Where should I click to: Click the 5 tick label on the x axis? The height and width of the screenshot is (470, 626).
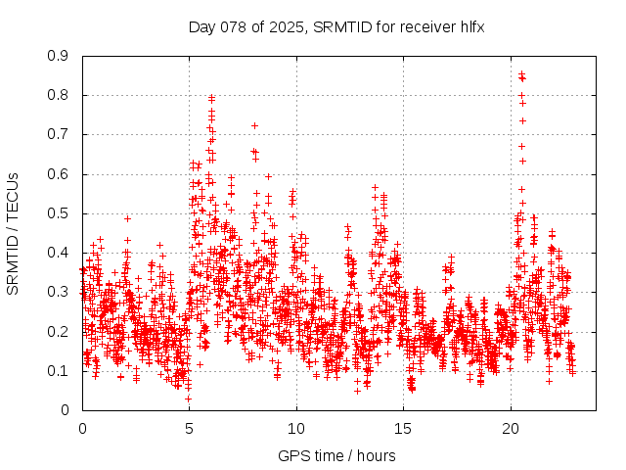[x=189, y=429]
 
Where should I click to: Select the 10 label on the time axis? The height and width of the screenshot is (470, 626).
[x=296, y=429]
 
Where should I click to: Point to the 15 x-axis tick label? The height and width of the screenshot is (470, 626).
[x=403, y=429]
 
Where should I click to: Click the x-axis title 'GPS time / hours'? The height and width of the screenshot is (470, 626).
[x=336, y=455]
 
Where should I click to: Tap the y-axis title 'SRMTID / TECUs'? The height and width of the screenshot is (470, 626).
[x=13, y=233]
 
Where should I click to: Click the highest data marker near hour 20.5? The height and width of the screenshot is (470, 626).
[x=521, y=73]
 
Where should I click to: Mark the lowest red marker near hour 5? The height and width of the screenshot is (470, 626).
[x=188, y=398]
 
